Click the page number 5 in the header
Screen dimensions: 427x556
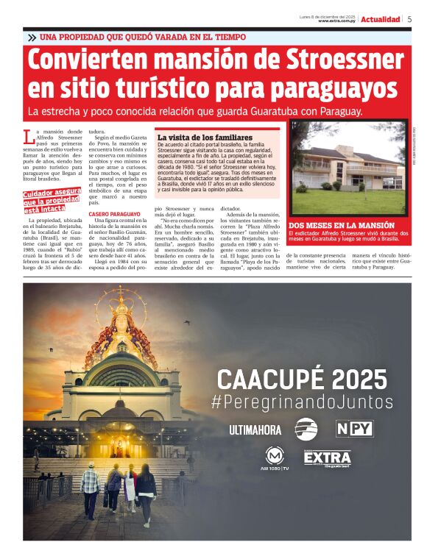click(x=409, y=19)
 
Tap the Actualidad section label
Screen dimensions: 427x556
click(x=380, y=19)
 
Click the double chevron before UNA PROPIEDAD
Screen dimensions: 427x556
click(x=32, y=37)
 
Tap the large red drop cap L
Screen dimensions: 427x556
click(x=28, y=136)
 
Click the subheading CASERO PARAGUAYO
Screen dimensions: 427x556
click(x=110, y=214)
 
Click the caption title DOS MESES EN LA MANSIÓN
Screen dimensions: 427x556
click(x=342, y=225)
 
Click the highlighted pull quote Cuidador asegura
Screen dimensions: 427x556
click(x=50, y=200)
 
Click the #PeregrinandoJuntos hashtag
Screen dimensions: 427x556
click(x=302, y=402)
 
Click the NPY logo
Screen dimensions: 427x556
click(x=354, y=428)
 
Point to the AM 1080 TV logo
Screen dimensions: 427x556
click(x=275, y=458)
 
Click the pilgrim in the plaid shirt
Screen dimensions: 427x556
click(x=91, y=486)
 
